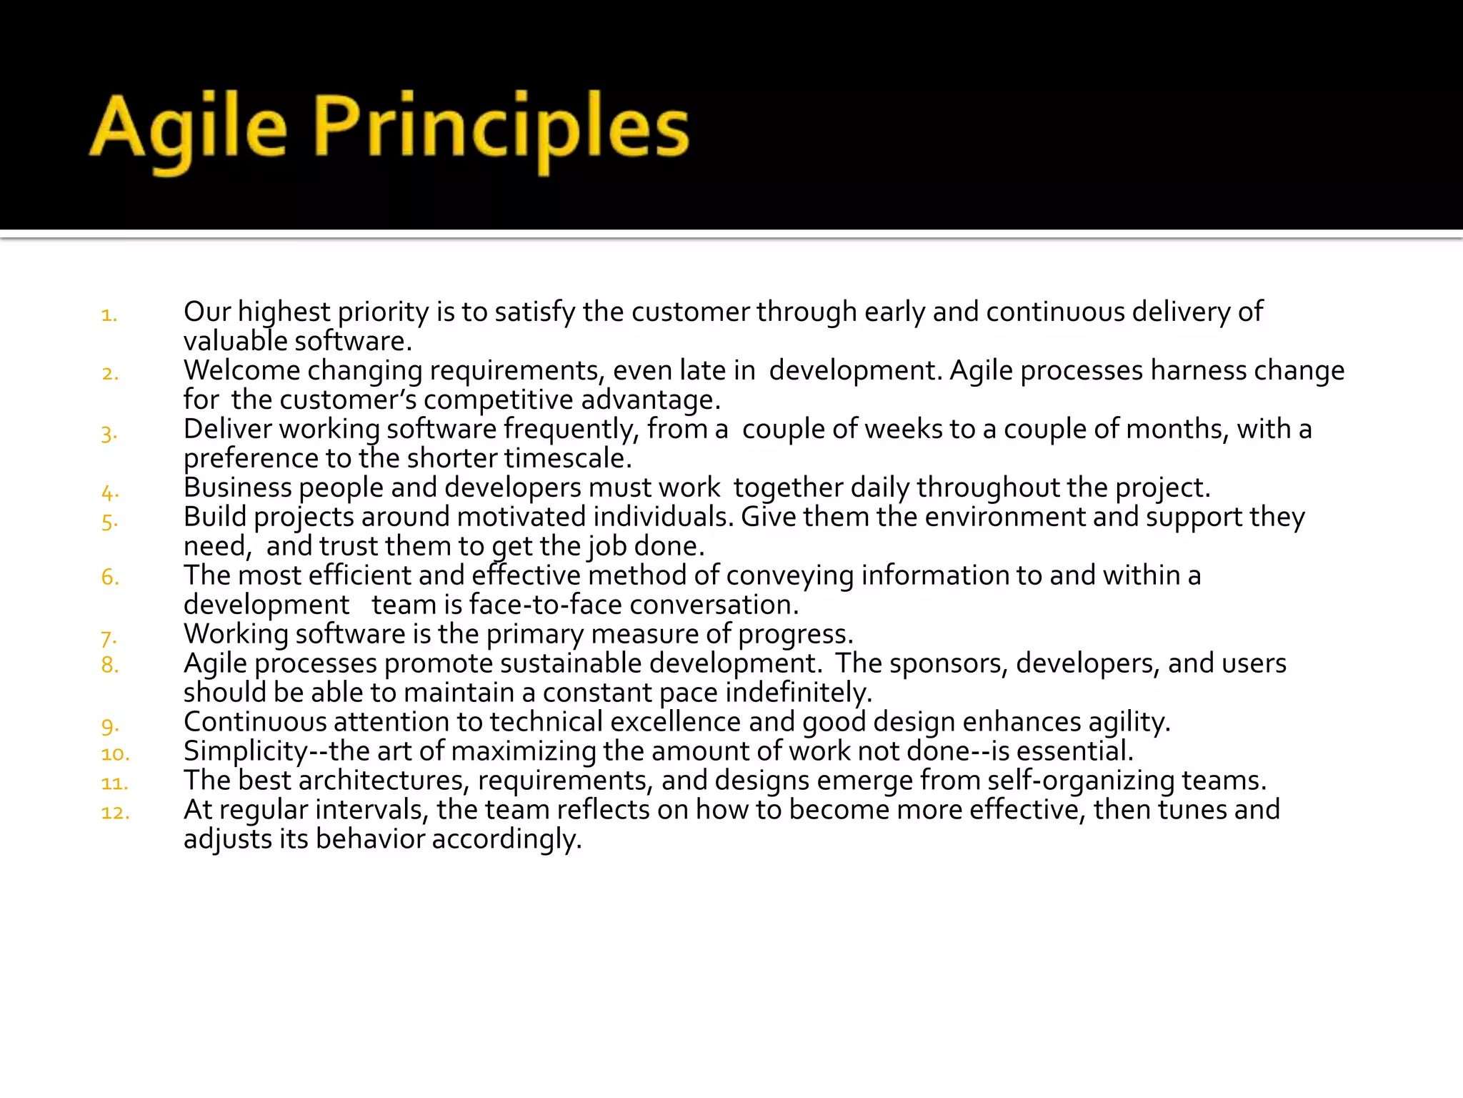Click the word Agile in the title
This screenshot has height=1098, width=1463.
point(189,129)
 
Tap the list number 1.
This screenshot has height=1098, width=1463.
point(109,315)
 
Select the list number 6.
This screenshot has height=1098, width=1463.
point(110,577)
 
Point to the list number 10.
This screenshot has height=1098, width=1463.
point(115,754)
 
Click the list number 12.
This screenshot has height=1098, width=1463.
point(115,813)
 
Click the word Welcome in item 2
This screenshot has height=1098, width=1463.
point(242,370)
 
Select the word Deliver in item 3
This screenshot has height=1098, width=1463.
point(228,429)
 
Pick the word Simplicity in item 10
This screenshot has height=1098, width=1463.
point(245,751)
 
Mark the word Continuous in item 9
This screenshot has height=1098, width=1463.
point(254,722)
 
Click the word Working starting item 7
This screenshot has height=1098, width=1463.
point(235,634)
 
